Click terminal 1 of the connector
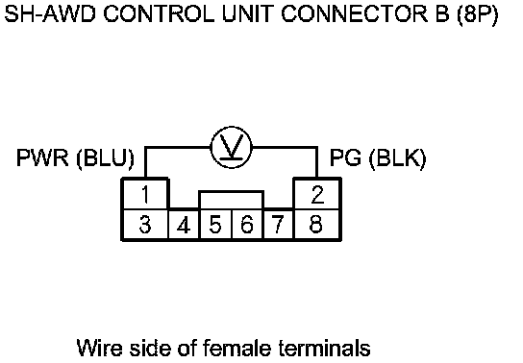tap(145, 195)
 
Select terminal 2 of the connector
tap(317, 195)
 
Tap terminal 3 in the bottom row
tap(145, 224)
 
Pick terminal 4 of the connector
tap(184, 224)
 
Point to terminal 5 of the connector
tap(215, 224)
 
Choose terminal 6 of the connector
tap(247, 224)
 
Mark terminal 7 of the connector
tap(278, 224)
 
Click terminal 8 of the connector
tap(317, 224)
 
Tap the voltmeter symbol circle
tap(231, 127)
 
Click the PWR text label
tap(42, 157)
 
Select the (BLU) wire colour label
tap(106, 158)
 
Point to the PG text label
tap(345, 157)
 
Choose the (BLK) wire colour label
tap(398, 158)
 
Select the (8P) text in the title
tap(478, 15)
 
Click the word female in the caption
tap(237, 348)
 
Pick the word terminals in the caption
tap(325, 348)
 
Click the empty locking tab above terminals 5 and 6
tap(232, 191)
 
